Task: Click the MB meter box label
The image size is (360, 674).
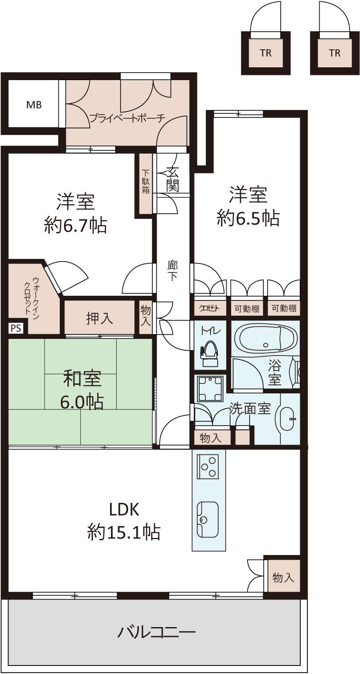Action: tap(34, 105)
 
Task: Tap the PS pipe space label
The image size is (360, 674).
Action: tap(16, 328)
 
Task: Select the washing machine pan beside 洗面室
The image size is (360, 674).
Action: tap(209, 389)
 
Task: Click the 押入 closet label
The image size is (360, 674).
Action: tap(100, 318)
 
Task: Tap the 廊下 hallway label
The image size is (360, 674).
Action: tap(173, 271)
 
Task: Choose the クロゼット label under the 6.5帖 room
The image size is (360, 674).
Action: tap(210, 308)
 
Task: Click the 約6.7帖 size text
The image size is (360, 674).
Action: tap(76, 226)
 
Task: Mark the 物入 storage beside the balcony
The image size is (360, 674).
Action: tap(283, 577)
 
